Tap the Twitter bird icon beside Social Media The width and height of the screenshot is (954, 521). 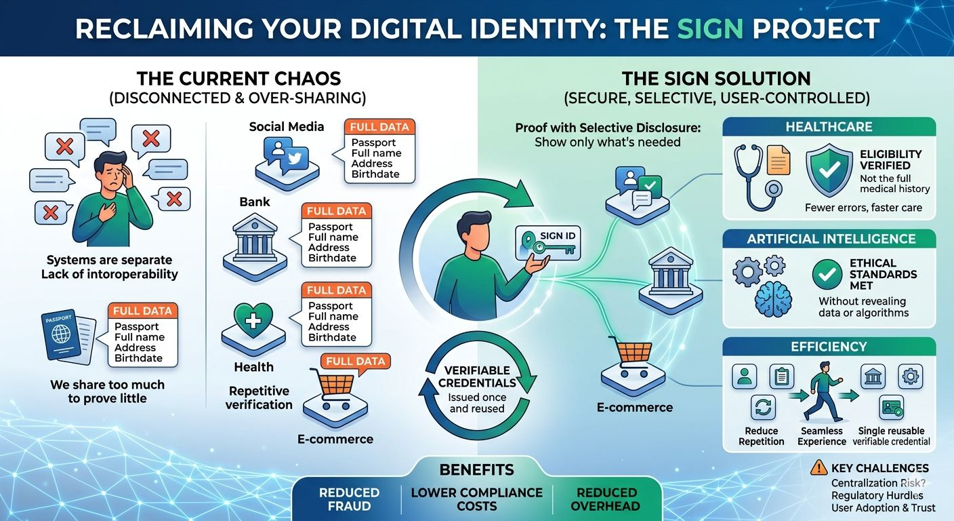pos(296,157)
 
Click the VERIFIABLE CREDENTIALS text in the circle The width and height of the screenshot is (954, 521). pos(477,377)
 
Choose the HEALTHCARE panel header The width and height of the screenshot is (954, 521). pos(829,127)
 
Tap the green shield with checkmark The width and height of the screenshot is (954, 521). pos(829,170)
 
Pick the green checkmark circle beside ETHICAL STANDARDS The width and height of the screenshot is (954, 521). pos(827,275)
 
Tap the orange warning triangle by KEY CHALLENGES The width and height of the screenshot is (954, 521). pos(818,467)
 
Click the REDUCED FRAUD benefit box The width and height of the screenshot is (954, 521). pos(349,499)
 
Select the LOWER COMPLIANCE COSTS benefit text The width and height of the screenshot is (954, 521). pos(477,499)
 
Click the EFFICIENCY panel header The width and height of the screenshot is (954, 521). pos(829,347)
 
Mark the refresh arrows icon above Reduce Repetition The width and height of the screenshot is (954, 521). pos(764,408)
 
